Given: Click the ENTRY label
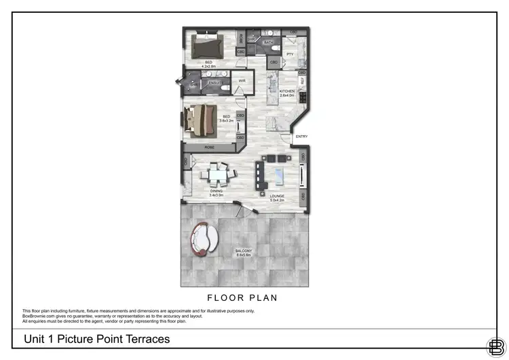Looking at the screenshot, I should pyautogui.click(x=301, y=137).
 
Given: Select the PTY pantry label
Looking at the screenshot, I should pyautogui.click(x=290, y=54).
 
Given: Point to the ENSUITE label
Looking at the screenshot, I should pyautogui.click(x=215, y=83).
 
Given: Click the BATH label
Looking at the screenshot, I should pyautogui.click(x=269, y=42).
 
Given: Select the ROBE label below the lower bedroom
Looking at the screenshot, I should pyautogui.click(x=210, y=146).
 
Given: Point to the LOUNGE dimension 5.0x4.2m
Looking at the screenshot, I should pyautogui.click(x=277, y=200).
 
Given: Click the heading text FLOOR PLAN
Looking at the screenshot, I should pyautogui.click(x=242, y=298).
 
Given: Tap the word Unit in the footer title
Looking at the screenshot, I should pyautogui.click(x=36, y=338).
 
